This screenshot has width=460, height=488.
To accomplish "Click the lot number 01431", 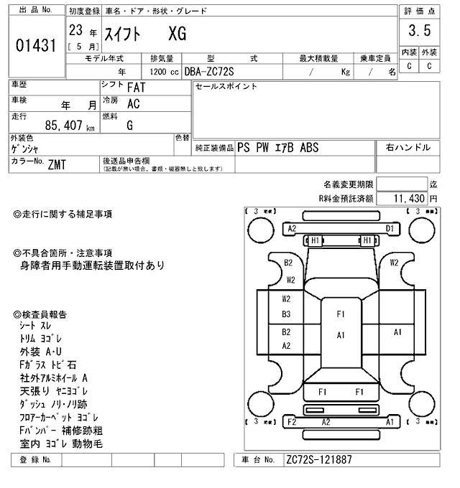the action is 35,47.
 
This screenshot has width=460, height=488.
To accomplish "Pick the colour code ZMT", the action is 57,164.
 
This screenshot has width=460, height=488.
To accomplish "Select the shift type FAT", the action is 137,88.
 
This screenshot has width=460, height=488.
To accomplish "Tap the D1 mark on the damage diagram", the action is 390,228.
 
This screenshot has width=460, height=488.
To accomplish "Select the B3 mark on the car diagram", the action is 286,314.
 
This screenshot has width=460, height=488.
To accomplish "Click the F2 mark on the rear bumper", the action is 292,422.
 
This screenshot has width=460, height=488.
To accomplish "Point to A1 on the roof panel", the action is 341,335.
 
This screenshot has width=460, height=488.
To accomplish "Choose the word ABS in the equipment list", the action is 310,147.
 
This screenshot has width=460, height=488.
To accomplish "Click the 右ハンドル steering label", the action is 408,147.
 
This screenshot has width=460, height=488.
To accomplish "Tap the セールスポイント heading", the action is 226,87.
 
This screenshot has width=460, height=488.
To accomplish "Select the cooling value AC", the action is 133,103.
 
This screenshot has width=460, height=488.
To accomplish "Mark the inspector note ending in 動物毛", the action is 61,444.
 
